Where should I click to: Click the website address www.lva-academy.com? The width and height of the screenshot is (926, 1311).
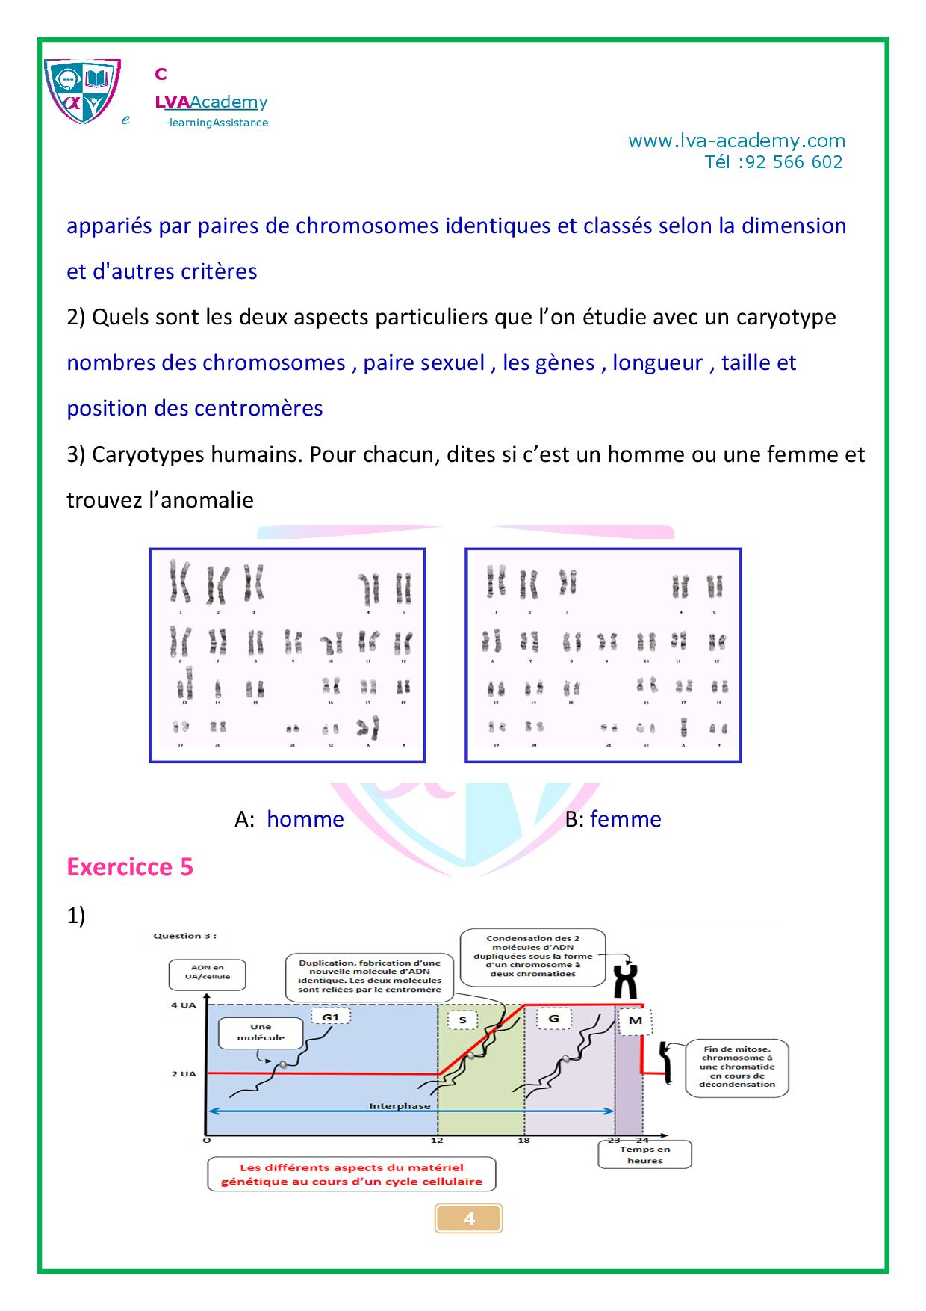point(736,141)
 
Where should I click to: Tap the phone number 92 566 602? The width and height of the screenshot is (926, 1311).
point(794,162)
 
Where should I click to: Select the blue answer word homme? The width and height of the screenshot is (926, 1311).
point(305,819)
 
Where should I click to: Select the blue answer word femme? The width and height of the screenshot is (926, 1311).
point(625,819)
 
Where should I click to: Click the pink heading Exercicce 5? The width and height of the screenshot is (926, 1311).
point(130,866)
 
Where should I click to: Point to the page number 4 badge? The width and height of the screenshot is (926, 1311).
point(469,1218)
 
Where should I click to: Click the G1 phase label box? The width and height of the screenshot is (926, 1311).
point(330,1017)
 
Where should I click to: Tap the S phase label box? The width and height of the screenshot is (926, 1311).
point(462,1020)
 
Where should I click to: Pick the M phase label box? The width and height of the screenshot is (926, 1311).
point(636,1021)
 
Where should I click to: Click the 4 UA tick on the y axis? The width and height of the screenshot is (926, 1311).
point(183,1005)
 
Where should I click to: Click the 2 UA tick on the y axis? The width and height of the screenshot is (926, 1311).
point(183,1074)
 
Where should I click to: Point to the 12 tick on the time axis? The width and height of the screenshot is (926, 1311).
point(437,1140)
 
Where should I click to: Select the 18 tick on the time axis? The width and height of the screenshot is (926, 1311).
point(524,1140)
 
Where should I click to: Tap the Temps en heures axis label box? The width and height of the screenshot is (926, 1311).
point(644,1155)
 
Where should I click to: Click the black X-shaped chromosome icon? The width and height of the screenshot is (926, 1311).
point(629,981)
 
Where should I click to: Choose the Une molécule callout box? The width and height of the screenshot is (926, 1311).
point(261,1032)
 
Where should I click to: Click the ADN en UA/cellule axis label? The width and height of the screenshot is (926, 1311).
point(207,972)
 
